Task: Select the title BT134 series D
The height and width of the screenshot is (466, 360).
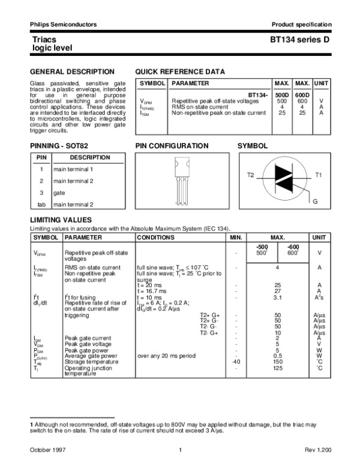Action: pos(300,38)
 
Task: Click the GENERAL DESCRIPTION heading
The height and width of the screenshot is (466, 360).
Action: pos(64,71)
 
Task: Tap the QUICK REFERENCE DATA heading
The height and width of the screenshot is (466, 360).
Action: pos(180,71)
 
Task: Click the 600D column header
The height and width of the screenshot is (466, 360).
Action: pos(302,95)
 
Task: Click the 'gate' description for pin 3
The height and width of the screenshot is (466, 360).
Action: pos(59,193)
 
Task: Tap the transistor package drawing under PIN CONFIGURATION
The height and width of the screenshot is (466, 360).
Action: pos(181,178)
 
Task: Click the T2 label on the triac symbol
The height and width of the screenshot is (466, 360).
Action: pos(251,174)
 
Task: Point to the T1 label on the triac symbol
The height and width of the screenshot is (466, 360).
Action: pos(319,174)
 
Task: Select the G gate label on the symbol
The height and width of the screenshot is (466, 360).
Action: pos(315,199)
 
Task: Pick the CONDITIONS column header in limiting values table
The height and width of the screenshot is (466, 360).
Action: pos(155,238)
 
